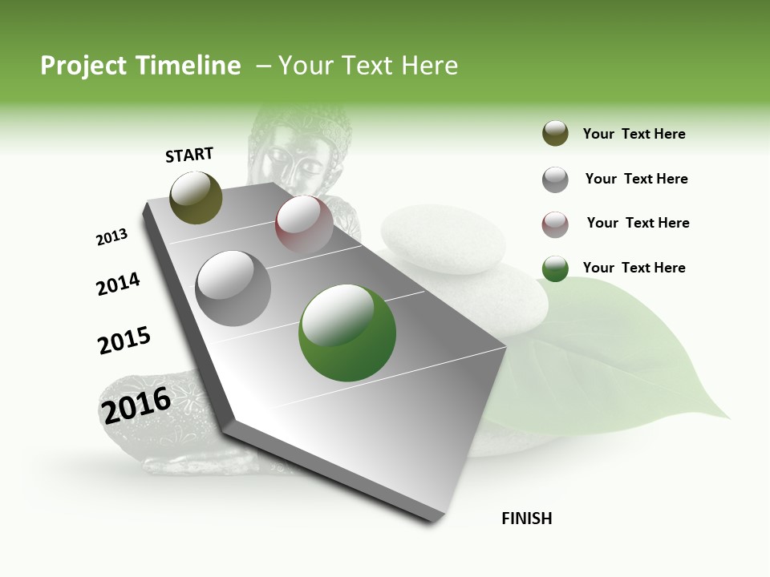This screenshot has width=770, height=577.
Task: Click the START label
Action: coord(189,155)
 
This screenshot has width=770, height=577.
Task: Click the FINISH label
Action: coord(526,518)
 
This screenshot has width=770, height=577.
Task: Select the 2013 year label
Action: coord(111,237)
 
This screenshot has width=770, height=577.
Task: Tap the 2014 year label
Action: coord(118,284)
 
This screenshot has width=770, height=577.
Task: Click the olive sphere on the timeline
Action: coord(196,197)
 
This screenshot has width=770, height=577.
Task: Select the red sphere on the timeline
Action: coord(304,224)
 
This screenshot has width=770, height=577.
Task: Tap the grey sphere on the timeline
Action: coord(233,288)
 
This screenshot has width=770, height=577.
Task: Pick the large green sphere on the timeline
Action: coord(347,333)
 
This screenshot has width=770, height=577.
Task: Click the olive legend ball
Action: coord(555,134)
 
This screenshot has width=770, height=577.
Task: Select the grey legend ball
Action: coord(555,180)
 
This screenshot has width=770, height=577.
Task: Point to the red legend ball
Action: coord(555,224)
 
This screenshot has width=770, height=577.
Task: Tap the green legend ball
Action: coord(555,269)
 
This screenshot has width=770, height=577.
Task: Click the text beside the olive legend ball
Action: coord(634,135)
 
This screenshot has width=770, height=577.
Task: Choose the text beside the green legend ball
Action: coord(634,268)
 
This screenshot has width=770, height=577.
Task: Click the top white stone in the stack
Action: coord(443,239)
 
